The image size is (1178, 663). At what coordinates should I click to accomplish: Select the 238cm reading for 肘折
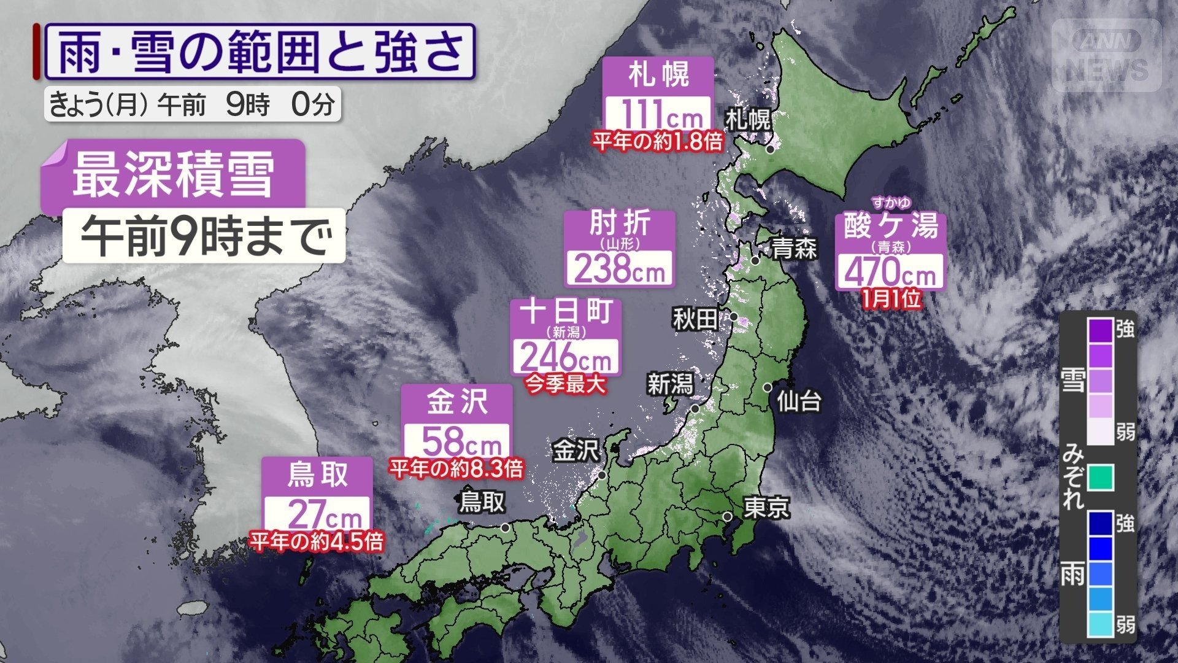(619, 269)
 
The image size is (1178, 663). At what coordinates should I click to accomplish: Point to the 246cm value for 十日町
(566, 356)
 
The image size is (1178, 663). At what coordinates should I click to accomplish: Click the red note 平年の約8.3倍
(456, 470)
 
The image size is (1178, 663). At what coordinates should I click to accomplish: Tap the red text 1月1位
(891, 300)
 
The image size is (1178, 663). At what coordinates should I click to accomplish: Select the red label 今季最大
(566, 385)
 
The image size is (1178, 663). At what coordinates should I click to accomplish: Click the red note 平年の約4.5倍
(317, 541)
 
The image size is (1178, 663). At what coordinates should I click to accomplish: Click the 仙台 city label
(799, 401)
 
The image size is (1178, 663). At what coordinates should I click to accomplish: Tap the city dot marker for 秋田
(733, 317)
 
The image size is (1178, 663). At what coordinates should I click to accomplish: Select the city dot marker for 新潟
(695, 408)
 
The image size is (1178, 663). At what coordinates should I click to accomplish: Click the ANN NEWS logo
(1107, 55)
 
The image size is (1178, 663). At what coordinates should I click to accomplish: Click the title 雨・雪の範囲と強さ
(260, 52)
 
